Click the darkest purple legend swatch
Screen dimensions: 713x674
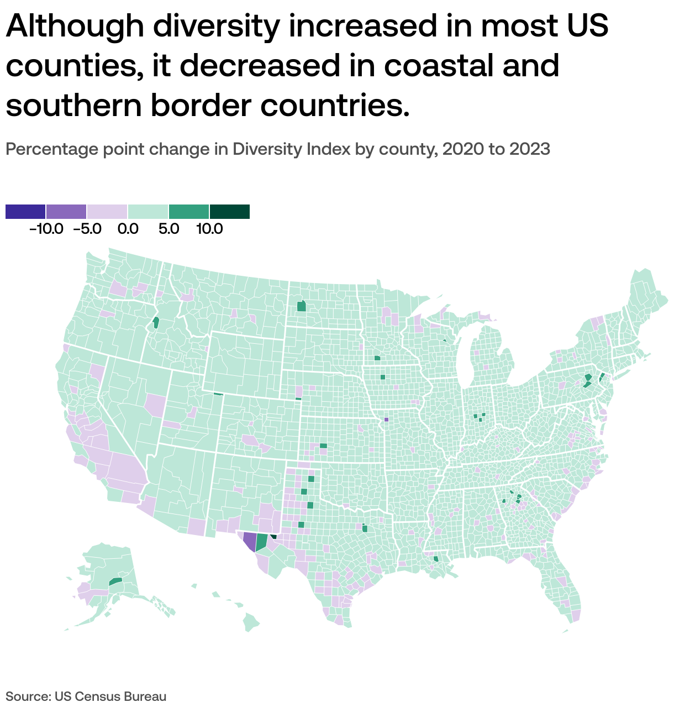(x=25, y=212)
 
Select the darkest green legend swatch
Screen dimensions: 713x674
(x=230, y=212)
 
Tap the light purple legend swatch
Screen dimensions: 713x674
(x=107, y=212)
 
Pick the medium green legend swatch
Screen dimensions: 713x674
(x=189, y=212)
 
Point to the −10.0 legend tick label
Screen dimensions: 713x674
(x=46, y=229)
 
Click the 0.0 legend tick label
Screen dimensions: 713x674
(x=128, y=229)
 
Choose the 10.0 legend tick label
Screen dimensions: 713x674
(x=209, y=229)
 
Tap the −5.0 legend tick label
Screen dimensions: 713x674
(x=87, y=229)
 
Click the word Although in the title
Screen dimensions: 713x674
(x=74, y=26)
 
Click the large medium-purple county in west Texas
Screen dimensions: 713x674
(x=250, y=542)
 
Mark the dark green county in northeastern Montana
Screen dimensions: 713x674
(x=301, y=306)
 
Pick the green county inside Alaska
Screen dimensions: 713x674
(x=115, y=581)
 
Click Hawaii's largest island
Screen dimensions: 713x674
(x=251, y=623)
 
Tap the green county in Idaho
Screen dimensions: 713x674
(x=156, y=322)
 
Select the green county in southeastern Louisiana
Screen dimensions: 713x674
(x=436, y=559)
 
